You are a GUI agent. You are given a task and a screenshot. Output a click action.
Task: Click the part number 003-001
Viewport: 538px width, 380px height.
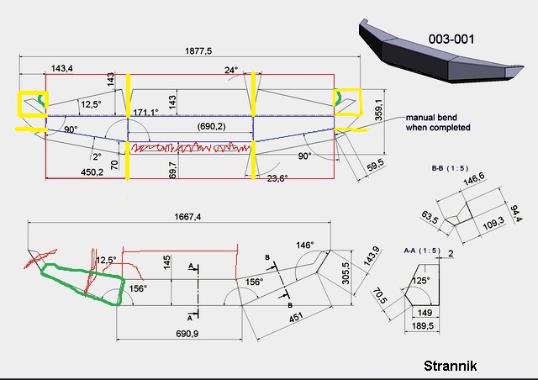click(451, 39)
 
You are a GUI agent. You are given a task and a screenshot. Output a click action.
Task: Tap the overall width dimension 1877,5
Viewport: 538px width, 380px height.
click(198, 51)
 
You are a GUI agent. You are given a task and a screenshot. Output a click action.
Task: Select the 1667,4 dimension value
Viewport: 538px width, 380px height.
click(187, 217)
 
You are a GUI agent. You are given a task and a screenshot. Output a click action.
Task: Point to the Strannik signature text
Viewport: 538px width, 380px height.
click(451, 366)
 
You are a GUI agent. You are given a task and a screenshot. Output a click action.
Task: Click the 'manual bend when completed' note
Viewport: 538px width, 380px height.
click(438, 123)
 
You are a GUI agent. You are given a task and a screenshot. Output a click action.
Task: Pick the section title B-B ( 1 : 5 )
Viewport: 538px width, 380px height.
click(450, 168)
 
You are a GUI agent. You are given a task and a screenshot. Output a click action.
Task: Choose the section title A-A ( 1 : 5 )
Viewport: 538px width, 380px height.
click(422, 251)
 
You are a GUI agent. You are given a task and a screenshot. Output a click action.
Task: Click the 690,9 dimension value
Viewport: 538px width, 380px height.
click(187, 333)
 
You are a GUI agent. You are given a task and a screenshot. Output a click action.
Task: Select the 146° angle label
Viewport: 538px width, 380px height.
click(305, 245)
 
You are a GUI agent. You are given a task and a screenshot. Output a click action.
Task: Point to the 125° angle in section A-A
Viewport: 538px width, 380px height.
click(420, 281)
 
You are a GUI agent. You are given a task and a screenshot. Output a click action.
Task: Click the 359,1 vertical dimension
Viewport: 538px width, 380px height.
click(378, 110)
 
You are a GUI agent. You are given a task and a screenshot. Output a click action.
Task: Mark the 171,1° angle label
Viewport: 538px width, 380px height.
click(145, 113)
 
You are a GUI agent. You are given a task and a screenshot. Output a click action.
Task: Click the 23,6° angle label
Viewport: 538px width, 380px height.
click(277, 178)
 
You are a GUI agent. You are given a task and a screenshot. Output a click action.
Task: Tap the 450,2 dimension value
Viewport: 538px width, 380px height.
click(92, 172)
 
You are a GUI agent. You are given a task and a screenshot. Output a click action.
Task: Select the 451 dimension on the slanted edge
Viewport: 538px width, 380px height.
click(296, 317)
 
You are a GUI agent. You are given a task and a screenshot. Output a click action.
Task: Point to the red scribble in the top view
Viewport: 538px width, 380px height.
click(191, 148)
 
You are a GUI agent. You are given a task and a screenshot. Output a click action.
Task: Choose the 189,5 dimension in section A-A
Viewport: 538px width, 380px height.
click(422, 325)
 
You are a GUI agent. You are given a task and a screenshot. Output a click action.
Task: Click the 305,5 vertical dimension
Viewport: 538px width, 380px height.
click(345, 273)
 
